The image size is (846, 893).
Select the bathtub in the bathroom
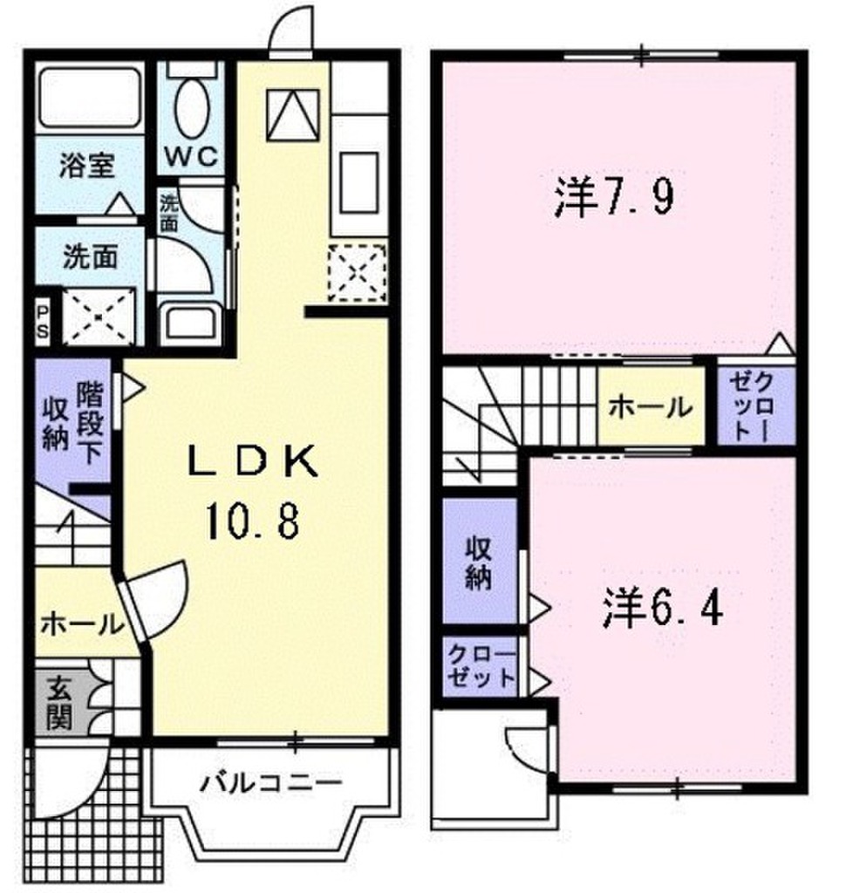[x=90, y=96]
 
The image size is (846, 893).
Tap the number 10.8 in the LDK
[x=253, y=523]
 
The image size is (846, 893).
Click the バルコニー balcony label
[x=268, y=782]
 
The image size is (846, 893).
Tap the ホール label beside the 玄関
[x=80, y=623]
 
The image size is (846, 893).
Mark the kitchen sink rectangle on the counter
[x=358, y=181]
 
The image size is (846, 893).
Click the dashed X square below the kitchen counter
[x=358, y=272]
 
